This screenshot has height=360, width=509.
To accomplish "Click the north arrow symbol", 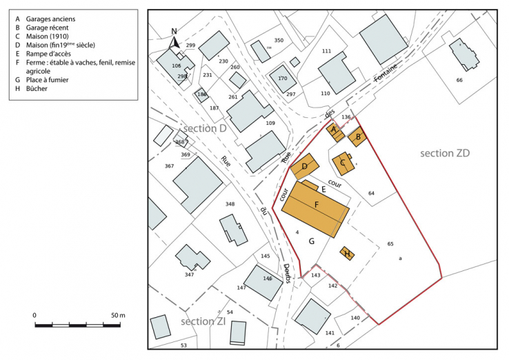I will pos(175,41).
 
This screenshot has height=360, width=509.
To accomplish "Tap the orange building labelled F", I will pos(317,205).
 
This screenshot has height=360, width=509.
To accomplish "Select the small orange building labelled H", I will pos(348,254).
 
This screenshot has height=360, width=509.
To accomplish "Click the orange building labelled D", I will pos(304,167).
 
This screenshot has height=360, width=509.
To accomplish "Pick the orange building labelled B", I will pos(357,137).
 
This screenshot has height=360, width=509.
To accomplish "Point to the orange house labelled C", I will pos(343,163).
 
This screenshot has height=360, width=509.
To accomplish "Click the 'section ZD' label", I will pos(444,153).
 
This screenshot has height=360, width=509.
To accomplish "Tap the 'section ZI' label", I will pos(202,322).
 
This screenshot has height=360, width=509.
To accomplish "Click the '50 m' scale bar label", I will pos(117,315).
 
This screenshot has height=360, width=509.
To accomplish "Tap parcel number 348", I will pos(230,204).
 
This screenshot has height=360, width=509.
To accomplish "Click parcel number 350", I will pos(279,41).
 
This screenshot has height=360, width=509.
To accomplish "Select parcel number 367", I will pos(170,166).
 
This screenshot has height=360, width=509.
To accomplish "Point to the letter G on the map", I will pos(312,241).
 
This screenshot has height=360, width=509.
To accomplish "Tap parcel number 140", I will pos(355,317).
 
